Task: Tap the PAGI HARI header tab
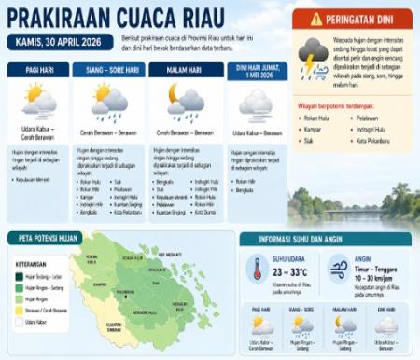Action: [x=38, y=70]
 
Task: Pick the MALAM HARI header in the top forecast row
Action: [x=185, y=70]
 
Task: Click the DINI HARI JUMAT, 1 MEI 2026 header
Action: [x=255, y=71]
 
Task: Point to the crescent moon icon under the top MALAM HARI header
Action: [x=174, y=92]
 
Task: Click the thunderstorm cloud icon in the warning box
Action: [x=312, y=55]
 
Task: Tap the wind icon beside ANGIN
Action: [x=339, y=269]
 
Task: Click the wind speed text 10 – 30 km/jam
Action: [x=378, y=278]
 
